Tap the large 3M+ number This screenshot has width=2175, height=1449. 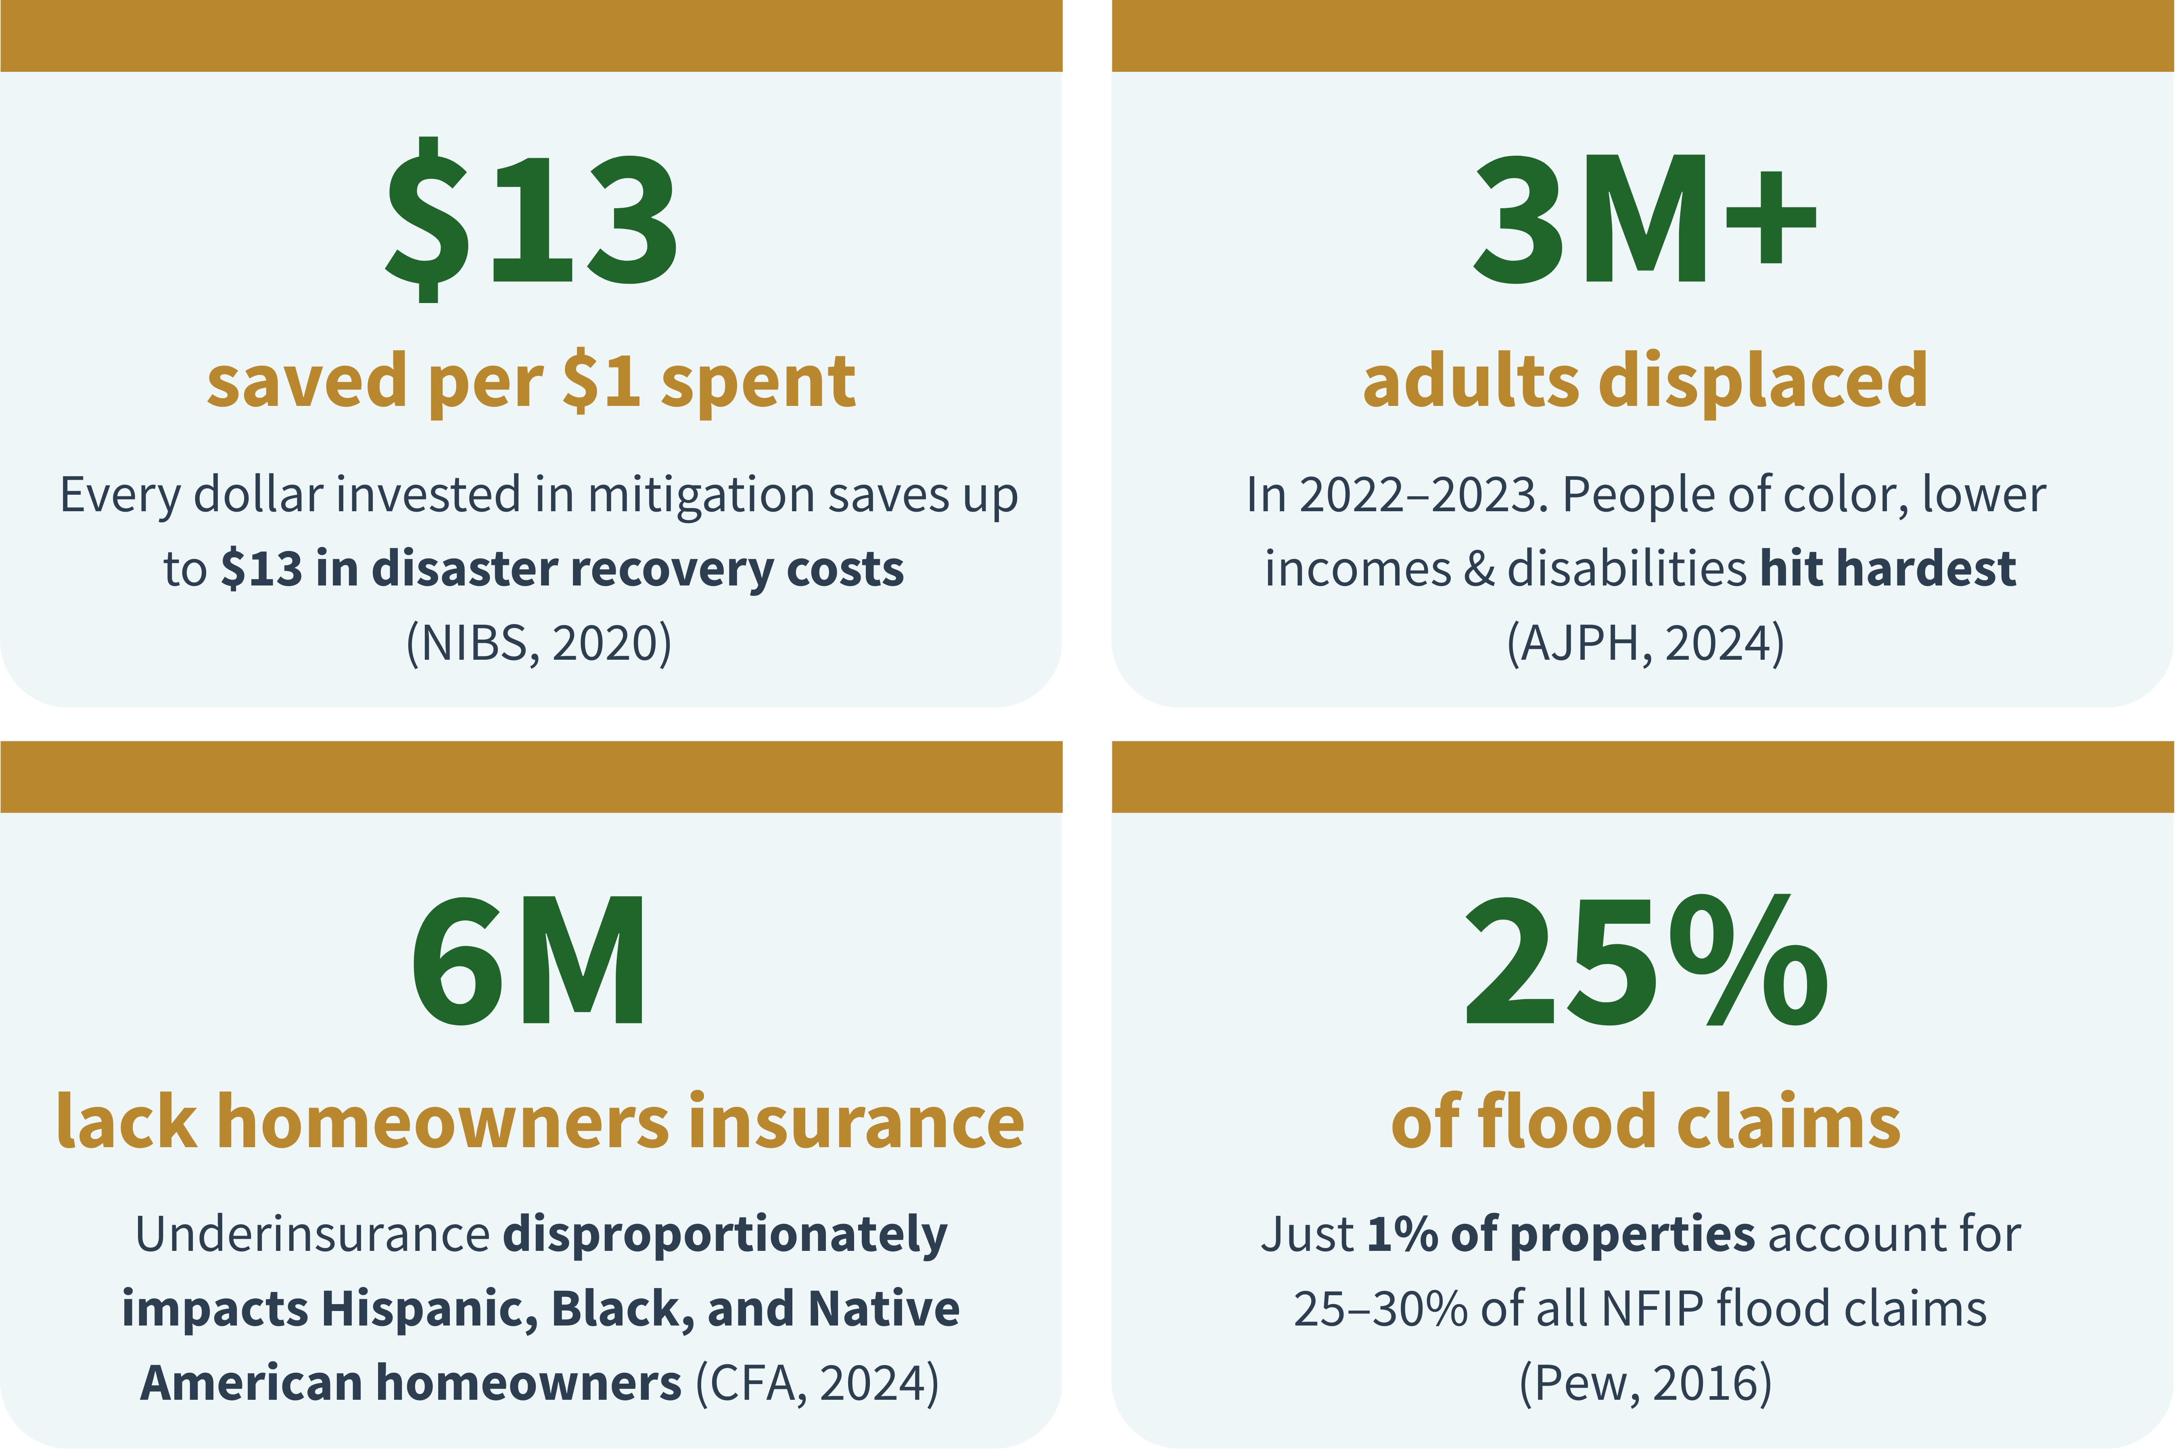(x=1644, y=220)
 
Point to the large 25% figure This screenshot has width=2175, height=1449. (x=1646, y=961)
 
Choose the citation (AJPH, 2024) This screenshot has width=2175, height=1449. (x=1646, y=643)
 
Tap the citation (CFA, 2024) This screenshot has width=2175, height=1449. (x=817, y=1383)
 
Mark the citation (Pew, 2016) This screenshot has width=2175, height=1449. (x=1646, y=1383)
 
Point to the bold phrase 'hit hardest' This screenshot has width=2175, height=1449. (x=1887, y=568)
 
